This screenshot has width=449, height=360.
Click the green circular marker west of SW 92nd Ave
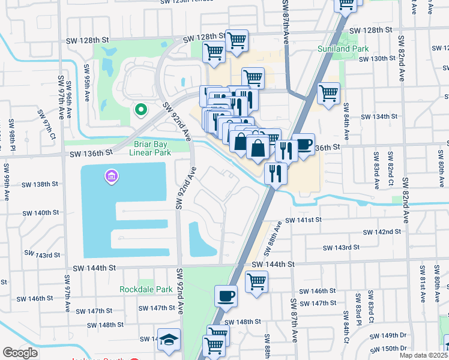pyautogui.click(x=141, y=110)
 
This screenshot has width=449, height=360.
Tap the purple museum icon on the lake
pyautogui.click(x=112, y=176)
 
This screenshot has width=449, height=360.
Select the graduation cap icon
pyautogui.click(x=169, y=338)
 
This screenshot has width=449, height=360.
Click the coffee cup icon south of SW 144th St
pyautogui.click(x=226, y=295)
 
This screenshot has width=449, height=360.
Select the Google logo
pyautogui.click(x=20, y=353)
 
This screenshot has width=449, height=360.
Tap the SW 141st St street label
pyautogui.click(x=304, y=220)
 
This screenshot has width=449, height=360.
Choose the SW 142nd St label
pyautogui.click(x=382, y=232)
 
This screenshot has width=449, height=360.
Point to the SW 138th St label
pyautogui.click(x=38, y=184)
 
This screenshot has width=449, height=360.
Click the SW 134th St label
pyautogui.click(x=378, y=116)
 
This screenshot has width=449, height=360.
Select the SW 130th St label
pyautogui.click(x=378, y=59)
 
